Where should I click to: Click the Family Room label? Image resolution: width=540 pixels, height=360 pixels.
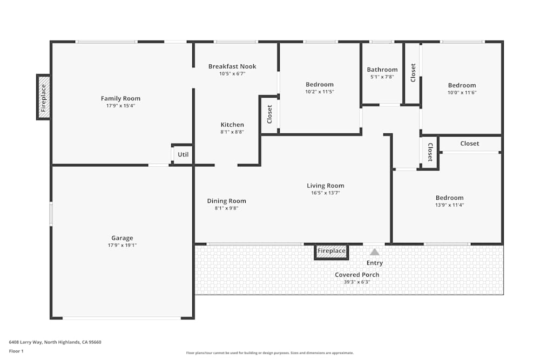pyautogui.click(x=120, y=98)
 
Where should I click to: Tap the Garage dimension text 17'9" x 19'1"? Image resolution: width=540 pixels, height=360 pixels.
pyautogui.click(x=122, y=246)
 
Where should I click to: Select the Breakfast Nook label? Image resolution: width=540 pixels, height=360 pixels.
pyautogui.click(x=232, y=66)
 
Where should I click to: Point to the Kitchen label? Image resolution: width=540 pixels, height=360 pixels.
pyautogui.click(x=232, y=125)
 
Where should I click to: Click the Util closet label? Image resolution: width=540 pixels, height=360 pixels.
pyautogui.click(x=183, y=154)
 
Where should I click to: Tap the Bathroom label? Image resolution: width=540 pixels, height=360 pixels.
pyautogui.click(x=382, y=70)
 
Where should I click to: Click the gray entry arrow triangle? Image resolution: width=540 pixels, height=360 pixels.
pyautogui.click(x=375, y=252)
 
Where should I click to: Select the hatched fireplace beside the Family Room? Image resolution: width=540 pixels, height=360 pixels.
pyautogui.click(x=44, y=97)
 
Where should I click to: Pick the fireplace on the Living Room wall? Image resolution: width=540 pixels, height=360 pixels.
pyautogui.click(x=332, y=251)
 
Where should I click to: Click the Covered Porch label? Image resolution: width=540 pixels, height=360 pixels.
pyautogui.click(x=357, y=275)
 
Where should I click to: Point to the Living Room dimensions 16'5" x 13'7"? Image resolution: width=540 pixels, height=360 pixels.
pyautogui.click(x=326, y=193)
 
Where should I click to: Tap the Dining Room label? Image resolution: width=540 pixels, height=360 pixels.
pyautogui.click(x=226, y=201)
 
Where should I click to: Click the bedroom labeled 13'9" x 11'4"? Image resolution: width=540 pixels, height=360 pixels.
pyautogui.click(x=449, y=198)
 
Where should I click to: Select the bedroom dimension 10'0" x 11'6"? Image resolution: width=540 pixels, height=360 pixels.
pyautogui.click(x=462, y=93)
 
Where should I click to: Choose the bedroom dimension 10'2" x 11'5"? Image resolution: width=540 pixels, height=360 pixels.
pyautogui.click(x=320, y=92)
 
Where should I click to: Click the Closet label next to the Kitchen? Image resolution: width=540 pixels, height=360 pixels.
pyautogui.click(x=269, y=114)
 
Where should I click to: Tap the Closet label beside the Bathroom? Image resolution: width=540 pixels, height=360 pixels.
pyautogui.click(x=413, y=73)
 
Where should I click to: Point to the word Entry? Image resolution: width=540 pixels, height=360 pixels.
pyautogui.click(x=375, y=263)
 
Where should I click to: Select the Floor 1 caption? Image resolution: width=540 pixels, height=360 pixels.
pyautogui.click(x=16, y=351)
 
